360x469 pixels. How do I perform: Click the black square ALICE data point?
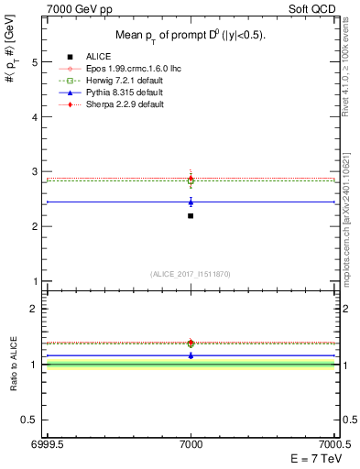tap(191, 215)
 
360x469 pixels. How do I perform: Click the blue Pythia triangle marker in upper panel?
tap(191, 202)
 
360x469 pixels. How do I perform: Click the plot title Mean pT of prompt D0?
tap(190, 36)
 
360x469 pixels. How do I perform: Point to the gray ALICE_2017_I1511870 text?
tap(191, 274)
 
